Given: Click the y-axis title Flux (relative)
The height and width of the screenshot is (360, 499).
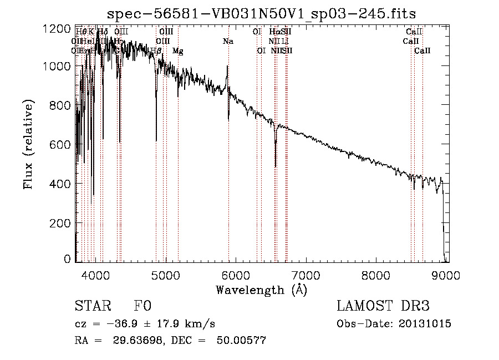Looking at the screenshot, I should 28,145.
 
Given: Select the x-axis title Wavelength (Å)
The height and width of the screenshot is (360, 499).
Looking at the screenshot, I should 261,289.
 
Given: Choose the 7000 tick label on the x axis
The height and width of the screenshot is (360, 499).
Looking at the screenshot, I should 306,274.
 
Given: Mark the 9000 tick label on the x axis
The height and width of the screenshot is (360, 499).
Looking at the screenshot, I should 447,274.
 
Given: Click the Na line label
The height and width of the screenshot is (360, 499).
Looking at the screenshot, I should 228,41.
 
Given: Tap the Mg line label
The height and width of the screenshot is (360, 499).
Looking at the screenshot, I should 178,50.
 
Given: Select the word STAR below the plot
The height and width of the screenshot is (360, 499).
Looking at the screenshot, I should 90,306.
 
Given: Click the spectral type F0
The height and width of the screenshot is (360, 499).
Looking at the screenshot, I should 142,306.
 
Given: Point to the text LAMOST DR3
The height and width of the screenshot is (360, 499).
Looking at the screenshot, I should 383,306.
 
